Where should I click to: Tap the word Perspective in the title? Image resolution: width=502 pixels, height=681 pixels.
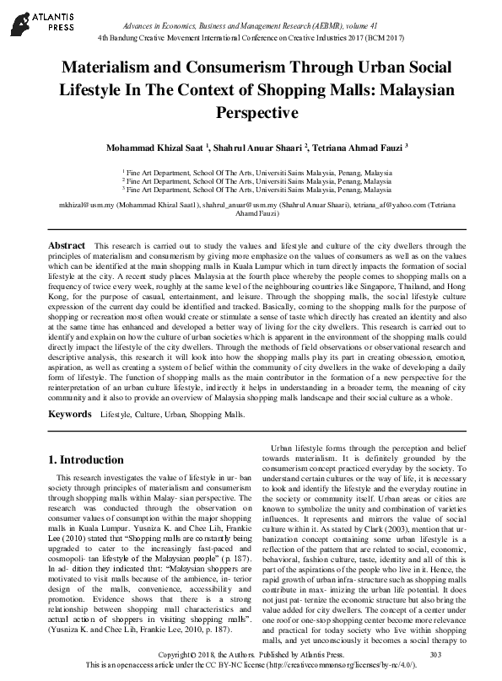[x=251, y=111]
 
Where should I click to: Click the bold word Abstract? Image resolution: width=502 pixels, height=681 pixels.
[x=67, y=244]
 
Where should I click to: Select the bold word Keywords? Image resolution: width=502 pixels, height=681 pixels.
[x=69, y=415]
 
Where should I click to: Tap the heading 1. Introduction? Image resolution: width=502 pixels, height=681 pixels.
[x=85, y=460]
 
